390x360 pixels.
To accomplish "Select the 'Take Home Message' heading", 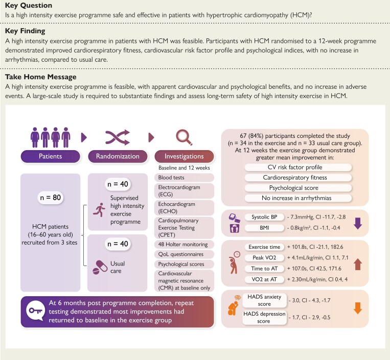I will click(40, 77).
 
